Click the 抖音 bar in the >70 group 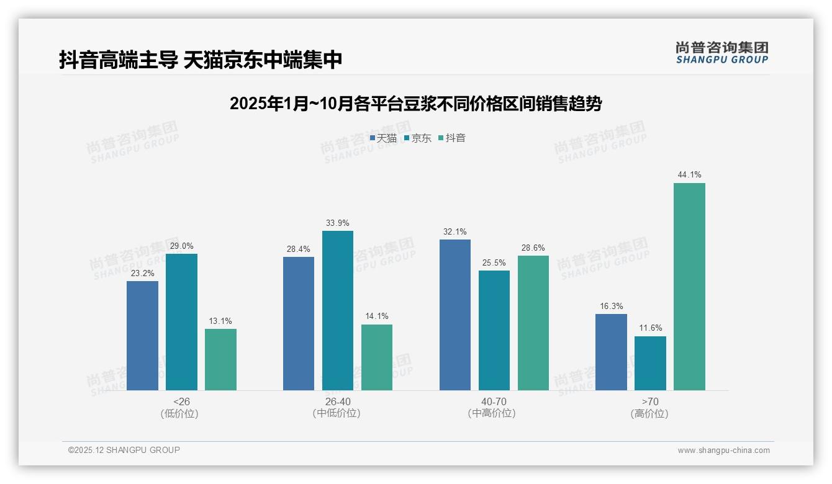pyautogui.click(x=689, y=286)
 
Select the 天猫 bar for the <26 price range pyautogui.click(x=142, y=335)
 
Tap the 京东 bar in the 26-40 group pyautogui.click(x=337, y=310)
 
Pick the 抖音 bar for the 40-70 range pyautogui.click(x=533, y=323)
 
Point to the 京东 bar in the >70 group pyautogui.click(x=650, y=363)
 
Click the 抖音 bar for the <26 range pyautogui.click(x=220, y=359)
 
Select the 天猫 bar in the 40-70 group pyautogui.click(x=455, y=315)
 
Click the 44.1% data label pyautogui.click(x=689, y=175)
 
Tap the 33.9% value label pyautogui.click(x=337, y=223)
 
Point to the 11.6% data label pyautogui.click(x=650, y=328)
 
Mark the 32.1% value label pyautogui.click(x=455, y=231)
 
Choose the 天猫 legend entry pyautogui.click(x=383, y=138)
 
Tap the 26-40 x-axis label pyautogui.click(x=337, y=401)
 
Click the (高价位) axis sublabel pyautogui.click(x=650, y=414)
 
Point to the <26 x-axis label pyautogui.click(x=181, y=401)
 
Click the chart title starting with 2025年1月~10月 pyautogui.click(x=415, y=104)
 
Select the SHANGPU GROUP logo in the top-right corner pyautogui.click(x=721, y=53)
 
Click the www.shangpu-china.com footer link pyautogui.click(x=723, y=450)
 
